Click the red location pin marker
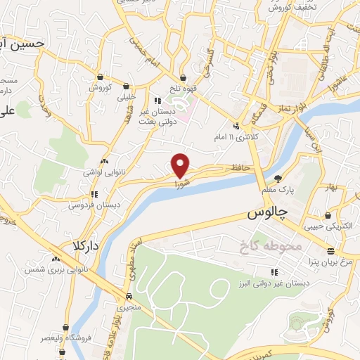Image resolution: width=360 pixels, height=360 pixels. (181, 165)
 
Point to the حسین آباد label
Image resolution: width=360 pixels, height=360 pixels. (21, 44)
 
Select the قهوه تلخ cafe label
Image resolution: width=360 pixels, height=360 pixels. (183, 88)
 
